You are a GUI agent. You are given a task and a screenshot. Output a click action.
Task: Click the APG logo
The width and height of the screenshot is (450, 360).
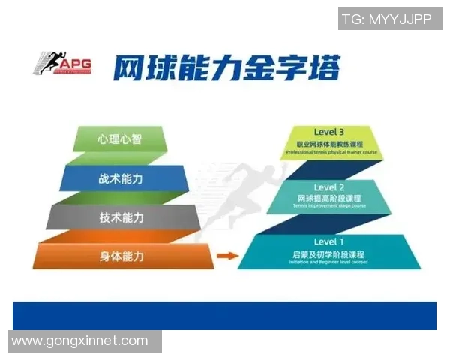pyautogui.click(x=62, y=64)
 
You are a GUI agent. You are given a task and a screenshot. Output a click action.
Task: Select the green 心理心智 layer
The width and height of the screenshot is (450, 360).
pyautogui.click(x=119, y=139)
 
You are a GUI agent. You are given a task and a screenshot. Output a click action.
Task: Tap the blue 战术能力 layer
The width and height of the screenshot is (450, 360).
pyautogui.click(x=120, y=178)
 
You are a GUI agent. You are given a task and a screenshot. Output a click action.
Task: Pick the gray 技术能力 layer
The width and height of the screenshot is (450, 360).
pyautogui.click(x=120, y=217)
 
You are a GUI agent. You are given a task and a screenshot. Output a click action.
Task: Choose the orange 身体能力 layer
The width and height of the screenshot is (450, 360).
pyautogui.click(x=120, y=256)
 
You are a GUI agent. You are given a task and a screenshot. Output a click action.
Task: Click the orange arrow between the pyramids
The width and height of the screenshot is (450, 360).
pyautogui.click(x=222, y=256)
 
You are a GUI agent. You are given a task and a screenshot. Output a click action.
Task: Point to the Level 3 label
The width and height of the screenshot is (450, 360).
pyautogui.click(x=329, y=132)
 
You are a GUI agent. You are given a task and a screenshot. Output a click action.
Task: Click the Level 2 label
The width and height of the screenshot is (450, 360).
pyautogui.click(x=329, y=187)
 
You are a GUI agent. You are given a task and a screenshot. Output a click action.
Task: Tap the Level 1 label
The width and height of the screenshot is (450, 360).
pyautogui.click(x=329, y=241)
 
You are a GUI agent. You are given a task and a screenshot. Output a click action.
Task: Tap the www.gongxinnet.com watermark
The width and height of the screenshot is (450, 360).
pyautogui.click(x=80, y=341)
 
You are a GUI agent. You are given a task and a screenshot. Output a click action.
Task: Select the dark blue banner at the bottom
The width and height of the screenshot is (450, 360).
pyautogui.click(x=225, y=315)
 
